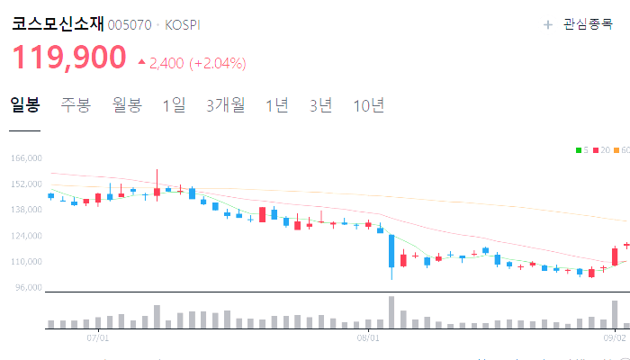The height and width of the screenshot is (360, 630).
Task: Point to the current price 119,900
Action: [69, 58]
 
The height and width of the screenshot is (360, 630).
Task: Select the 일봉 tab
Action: [25, 105]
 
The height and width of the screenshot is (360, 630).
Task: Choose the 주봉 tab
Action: [76, 105]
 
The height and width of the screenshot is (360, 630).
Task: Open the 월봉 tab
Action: [127, 105]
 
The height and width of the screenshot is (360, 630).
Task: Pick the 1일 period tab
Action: [174, 105]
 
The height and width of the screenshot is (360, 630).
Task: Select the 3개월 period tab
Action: [225, 105]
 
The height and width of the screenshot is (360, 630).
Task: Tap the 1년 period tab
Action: [277, 105]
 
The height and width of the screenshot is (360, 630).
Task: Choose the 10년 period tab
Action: [369, 105]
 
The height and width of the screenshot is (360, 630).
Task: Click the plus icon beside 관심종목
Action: [548, 25]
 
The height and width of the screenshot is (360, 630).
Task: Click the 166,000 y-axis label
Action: [27, 158]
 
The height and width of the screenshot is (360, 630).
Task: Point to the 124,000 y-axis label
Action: [27, 236]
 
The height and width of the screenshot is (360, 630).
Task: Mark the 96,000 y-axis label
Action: [29, 288]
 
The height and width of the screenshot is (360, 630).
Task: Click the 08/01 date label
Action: [368, 338]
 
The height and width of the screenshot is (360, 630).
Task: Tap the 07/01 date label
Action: [97, 338]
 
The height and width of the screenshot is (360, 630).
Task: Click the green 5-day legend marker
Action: [579, 150]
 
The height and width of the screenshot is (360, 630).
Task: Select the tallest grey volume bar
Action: [391, 312]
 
